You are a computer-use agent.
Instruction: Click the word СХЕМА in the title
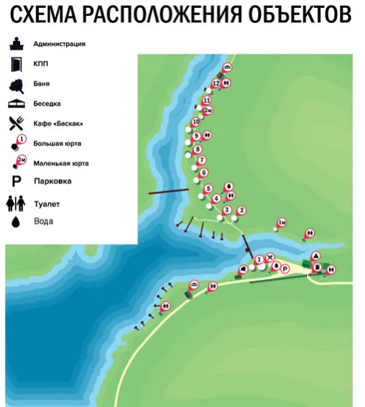(44, 14)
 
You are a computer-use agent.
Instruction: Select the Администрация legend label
(60, 44)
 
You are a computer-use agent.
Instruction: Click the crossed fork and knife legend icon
(17, 123)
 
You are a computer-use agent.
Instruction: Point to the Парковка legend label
(52, 181)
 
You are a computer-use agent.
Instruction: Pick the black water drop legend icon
(16, 222)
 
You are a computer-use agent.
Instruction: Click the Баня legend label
(42, 83)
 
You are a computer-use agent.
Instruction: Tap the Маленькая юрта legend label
(61, 163)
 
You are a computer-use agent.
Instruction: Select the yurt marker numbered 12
(216, 83)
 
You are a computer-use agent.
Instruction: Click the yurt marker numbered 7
(202, 160)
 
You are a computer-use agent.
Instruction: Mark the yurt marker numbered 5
(208, 189)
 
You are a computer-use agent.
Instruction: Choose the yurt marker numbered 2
(241, 211)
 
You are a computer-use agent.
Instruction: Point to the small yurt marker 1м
(282, 223)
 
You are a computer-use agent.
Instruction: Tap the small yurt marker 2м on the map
(208, 111)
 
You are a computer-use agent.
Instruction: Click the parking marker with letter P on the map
(285, 269)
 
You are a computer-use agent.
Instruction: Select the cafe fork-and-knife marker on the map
(270, 257)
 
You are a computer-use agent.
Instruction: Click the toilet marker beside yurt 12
(226, 83)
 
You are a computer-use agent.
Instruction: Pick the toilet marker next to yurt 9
(207, 135)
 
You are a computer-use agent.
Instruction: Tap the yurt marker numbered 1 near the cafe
(259, 260)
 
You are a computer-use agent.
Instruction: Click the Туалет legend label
(47, 204)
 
